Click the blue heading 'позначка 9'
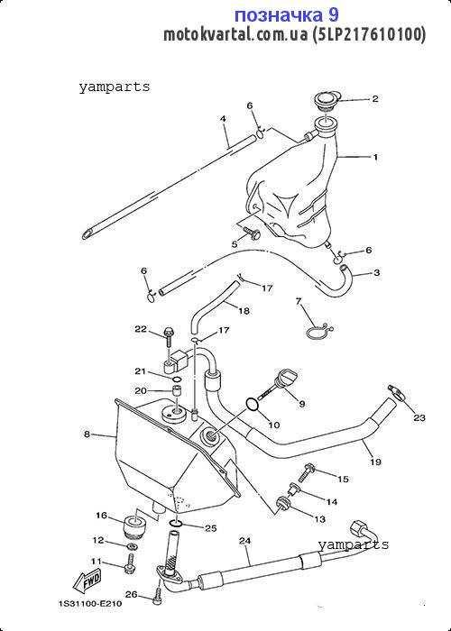[286, 15]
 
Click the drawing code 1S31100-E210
[90, 604]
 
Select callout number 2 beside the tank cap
[375, 98]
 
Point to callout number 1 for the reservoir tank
[375, 157]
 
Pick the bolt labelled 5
[252, 233]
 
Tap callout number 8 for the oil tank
[87, 434]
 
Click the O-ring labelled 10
[252, 406]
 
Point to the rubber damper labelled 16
[133, 525]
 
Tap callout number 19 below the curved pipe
[375, 462]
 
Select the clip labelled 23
[398, 393]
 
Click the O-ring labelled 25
[177, 522]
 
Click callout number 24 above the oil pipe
[244, 541]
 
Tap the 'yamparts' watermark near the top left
[115, 87]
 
